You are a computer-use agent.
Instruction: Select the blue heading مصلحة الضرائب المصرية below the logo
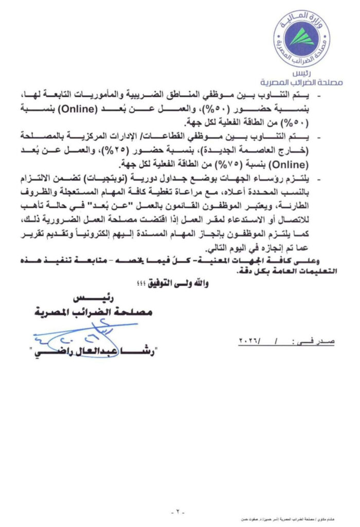click(309, 82)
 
